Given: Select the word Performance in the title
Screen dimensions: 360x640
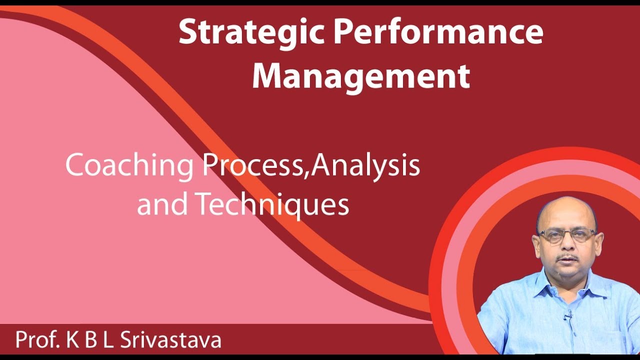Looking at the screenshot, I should [x=438, y=32].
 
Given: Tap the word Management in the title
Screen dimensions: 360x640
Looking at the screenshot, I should [x=361, y=76].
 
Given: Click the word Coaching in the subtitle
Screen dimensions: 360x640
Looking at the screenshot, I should [x=129, y=166].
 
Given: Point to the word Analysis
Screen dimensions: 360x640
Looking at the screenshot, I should [x=366, y=166].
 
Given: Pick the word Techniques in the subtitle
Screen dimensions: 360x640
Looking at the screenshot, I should [x=271, y=204].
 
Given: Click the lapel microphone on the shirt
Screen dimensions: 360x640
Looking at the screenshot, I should [x=568, y=314].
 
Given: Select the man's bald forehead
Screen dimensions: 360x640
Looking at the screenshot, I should [x=566, y=212].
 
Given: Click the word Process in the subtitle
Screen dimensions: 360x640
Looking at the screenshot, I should [x=254, y=166].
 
